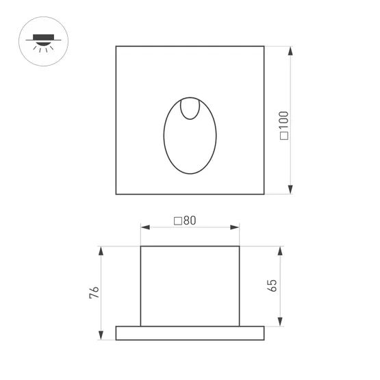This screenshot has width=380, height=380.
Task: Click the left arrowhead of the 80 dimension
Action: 144,226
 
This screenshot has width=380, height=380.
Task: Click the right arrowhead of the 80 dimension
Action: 236,226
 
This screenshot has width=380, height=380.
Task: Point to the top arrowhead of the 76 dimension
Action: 101,250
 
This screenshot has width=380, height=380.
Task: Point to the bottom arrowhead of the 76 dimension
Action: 101,335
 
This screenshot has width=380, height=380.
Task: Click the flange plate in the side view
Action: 190,333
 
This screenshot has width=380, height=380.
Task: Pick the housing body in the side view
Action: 190,286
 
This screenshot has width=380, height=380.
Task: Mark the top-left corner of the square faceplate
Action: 116,47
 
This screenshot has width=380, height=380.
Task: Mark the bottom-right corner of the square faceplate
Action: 264,194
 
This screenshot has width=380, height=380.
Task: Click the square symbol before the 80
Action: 177,220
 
